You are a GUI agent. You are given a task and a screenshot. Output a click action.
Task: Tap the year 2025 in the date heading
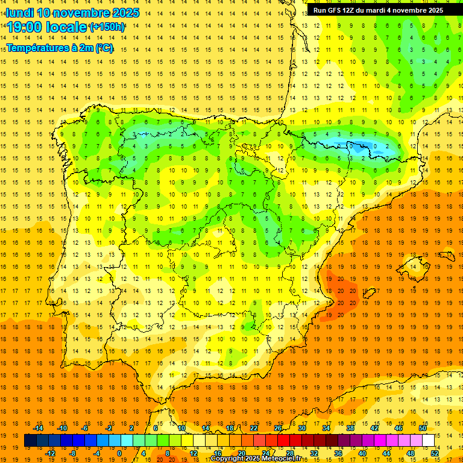(x=122, y=13)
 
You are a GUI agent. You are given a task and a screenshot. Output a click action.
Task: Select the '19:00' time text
(x=25, y=27)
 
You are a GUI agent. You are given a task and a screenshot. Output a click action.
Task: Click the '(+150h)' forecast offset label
(x=107, y=27)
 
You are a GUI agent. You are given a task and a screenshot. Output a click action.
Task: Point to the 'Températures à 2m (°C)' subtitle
(x=60, y=47)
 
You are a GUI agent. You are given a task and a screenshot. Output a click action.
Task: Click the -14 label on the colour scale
(x=38, y=428)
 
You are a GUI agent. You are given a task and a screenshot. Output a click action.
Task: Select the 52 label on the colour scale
(x=435, y=453)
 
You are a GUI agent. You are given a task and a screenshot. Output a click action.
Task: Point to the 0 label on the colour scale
(x=119, y=453)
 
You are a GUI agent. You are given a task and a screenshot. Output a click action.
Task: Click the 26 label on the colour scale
(x=278, y=428)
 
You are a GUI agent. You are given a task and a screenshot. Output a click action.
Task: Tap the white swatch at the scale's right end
(x=429, y=441)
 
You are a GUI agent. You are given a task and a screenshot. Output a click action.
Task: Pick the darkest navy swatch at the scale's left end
(x=30, y=441)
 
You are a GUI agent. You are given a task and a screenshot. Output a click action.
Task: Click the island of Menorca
(x=446, y=255)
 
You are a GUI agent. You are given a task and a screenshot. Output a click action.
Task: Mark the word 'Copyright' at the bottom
(x=227, y=459)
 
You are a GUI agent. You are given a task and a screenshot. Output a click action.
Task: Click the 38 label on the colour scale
(x=350, y=428)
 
